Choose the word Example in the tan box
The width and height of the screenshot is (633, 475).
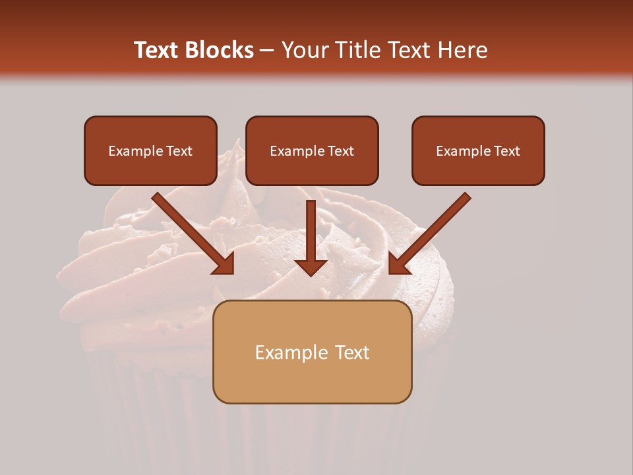point(291,352)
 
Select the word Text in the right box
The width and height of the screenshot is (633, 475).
point(507,151)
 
